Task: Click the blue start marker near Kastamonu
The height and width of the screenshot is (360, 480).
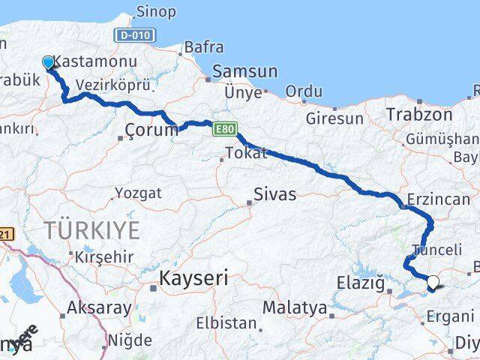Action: click(x=49, y=62)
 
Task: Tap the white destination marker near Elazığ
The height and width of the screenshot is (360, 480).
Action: click(x=434, y=283)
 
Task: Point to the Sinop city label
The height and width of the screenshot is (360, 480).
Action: click(x=156, y=12)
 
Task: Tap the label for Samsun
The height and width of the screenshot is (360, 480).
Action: click(x=245, y=72)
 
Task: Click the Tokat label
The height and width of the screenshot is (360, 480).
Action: click(x=244, y=154)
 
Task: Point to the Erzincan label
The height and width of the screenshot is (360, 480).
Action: click(x=438, y=199)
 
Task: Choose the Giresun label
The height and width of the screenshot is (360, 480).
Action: click(x=334, y=118)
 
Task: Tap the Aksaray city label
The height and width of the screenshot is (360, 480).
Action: click(x=99, y=307)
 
